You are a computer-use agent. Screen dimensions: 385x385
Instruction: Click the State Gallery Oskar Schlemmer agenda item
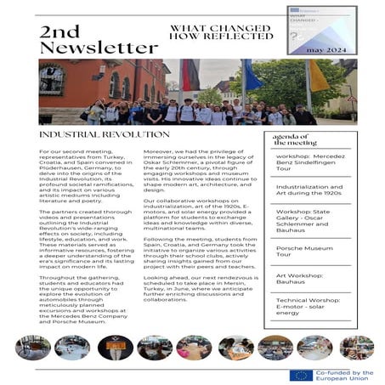(310, 221)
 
